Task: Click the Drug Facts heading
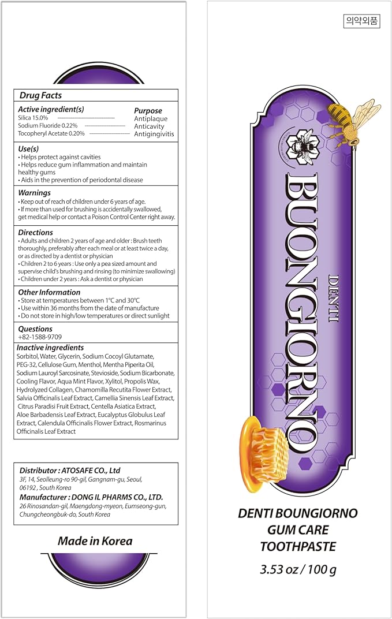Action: coord(40,95)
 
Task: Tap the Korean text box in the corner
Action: coord(361,21)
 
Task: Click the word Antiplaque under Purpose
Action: coord(151,119)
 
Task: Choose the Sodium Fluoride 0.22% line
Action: coord(47,125)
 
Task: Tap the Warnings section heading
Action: coord(34,193)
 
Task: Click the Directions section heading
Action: coord(35,233)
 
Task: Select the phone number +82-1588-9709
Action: coord(40,337)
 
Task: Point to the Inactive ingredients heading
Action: coord(50,348)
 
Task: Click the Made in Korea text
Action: coord(95,542)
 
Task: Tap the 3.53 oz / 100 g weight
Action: coord(298,570)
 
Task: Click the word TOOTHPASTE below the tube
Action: coord(298,546)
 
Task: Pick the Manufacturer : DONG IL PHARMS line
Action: coord(91,497)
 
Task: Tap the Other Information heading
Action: coord(49,293)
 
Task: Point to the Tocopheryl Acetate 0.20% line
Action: coord(51,133)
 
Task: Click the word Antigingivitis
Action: coord(154,134)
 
